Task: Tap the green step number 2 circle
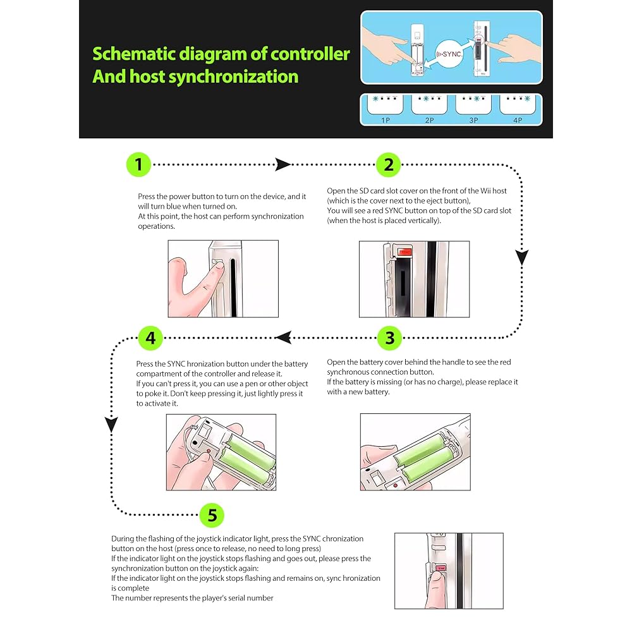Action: click(x=389, y=165)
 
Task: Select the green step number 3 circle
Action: click(x=389, y=338)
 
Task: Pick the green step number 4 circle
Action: click(x=150, y=338)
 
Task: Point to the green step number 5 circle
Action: click(x=212, y=515)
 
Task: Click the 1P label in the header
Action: click(x=384, y=119)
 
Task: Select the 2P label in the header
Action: click(x=430, y=119)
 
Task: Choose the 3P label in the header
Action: click(x=473, y=119)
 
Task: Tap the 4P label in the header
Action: click(x=518, y=119)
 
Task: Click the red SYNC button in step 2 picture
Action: click(x=405, y=252)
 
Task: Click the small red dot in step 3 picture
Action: click(x=394, y=487)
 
